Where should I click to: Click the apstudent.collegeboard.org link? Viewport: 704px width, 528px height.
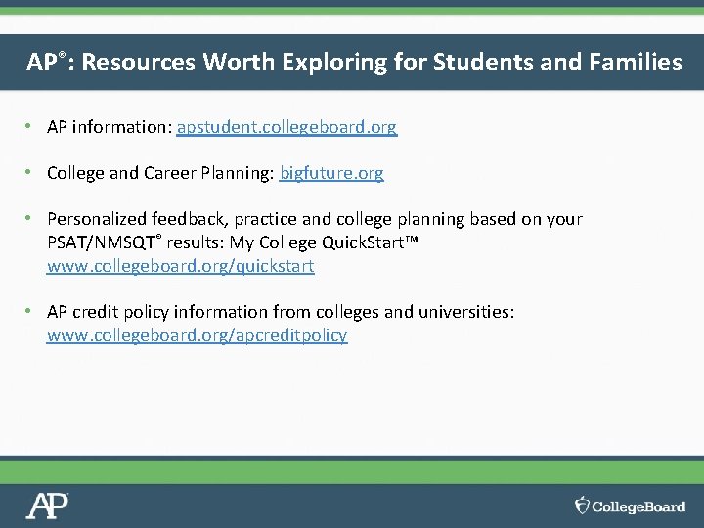click(286, 127)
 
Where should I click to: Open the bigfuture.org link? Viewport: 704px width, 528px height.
click(331, 173)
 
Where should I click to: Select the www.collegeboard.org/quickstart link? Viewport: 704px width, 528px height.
click(181, 265)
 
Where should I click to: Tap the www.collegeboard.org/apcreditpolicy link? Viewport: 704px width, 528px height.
click(197, 335)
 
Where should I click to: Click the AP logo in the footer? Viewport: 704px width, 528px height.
click(47, 506)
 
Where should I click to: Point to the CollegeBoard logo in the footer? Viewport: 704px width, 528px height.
click(631, 506)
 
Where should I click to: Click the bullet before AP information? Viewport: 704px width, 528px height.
click(31, 127)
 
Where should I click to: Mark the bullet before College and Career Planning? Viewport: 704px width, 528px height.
click(31, 173)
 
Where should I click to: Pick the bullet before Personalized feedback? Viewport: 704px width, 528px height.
click(31, 219)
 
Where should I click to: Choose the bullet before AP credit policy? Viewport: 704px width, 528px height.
click(31, 312)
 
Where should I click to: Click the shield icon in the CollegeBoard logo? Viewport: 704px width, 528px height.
click(582, 506)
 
